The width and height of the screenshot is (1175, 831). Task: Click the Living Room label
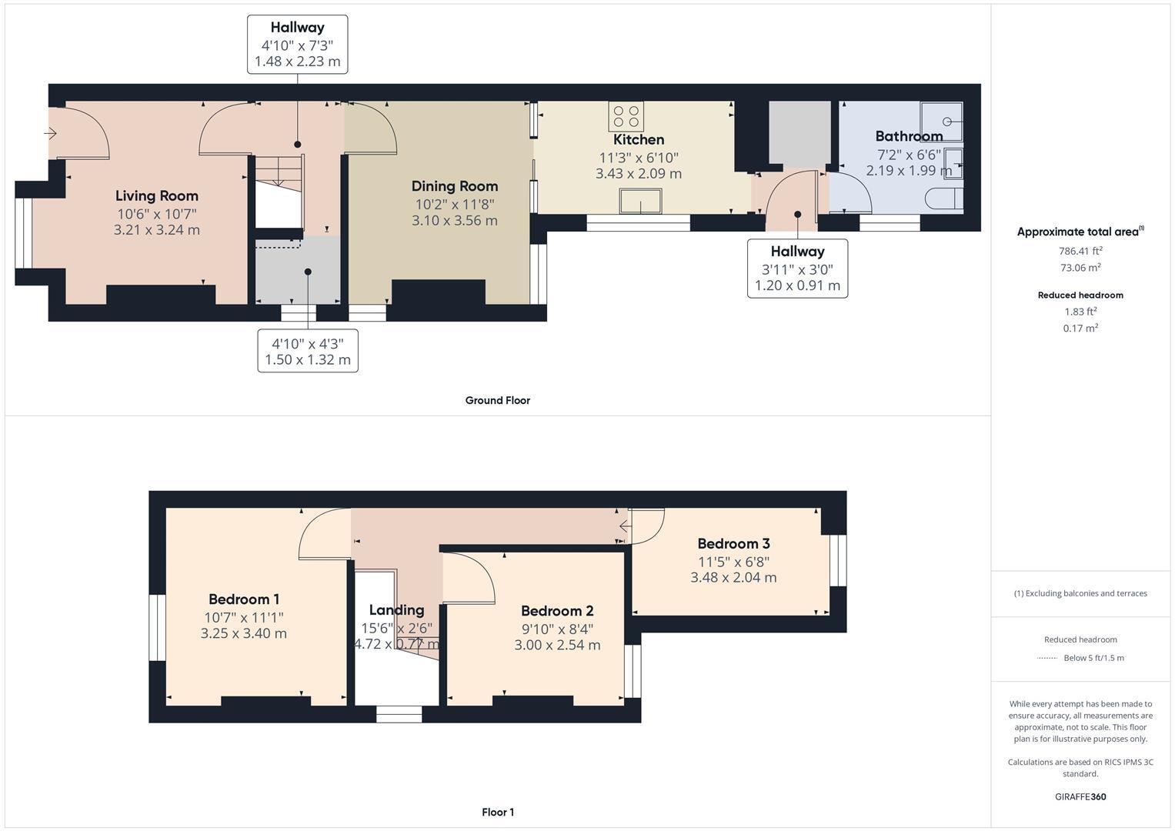pos(157,196)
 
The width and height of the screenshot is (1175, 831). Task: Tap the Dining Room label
pos(454,186)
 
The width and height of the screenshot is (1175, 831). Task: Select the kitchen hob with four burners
pos(626,116)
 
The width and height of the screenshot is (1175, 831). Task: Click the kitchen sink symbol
pos(639,202)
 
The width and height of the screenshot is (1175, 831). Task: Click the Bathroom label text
pos(909,136)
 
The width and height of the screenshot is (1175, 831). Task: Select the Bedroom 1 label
pos(243,599)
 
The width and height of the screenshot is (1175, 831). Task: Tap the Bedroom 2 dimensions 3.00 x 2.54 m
pos(557,645)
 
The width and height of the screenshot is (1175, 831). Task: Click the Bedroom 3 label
pos(733,544)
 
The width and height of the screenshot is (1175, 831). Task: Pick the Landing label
pos(396,610)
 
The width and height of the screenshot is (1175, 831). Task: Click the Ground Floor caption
pos(497,400)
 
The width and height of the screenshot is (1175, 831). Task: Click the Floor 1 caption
pos(497,812)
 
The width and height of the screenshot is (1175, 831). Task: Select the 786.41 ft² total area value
pos(1080,251)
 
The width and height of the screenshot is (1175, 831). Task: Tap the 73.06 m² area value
pos(1080,268)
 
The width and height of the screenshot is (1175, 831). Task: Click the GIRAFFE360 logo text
pos(1080,796)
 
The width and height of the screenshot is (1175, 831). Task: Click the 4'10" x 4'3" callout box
pos(308,352)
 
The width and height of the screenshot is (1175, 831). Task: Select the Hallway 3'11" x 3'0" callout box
pos(797,269)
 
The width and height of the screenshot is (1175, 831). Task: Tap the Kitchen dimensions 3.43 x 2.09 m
pos(638,174)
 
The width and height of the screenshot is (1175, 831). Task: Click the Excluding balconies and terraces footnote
pos(1080,593)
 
